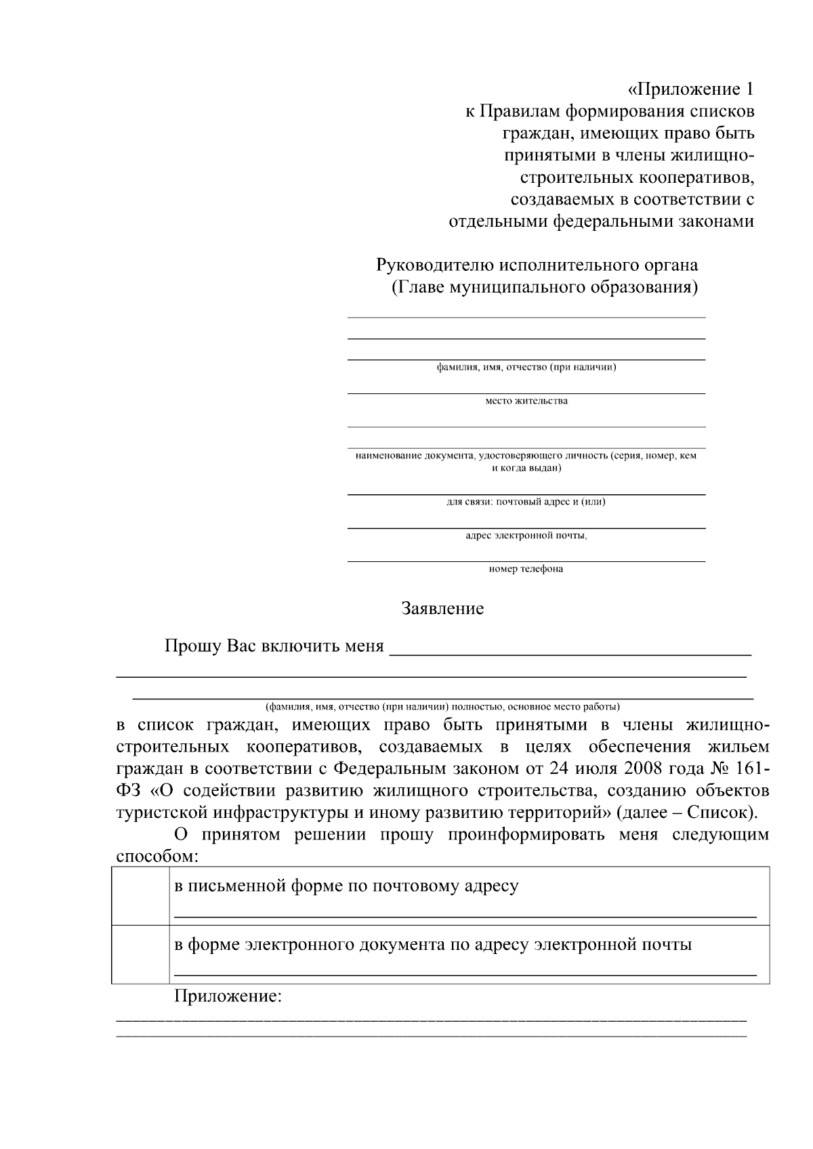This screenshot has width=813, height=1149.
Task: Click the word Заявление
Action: point(442,609)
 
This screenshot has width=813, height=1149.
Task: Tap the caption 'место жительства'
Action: point(526,401)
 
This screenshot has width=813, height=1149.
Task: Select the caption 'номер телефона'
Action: point(526,569)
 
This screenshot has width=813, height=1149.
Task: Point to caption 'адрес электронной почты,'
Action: point(526,535)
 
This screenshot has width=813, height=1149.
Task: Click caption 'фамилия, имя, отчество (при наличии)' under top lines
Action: point(526,367)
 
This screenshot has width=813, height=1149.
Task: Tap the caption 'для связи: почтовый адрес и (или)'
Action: point(526,502)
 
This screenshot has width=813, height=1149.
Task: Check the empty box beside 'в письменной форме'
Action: point(140,895)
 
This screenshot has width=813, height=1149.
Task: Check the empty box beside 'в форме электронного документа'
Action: point(140,953)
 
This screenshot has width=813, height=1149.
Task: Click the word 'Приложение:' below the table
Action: point(228,997)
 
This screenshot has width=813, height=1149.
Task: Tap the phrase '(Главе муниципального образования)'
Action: point(545,287)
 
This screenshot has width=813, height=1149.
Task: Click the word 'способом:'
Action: point(158,856)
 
